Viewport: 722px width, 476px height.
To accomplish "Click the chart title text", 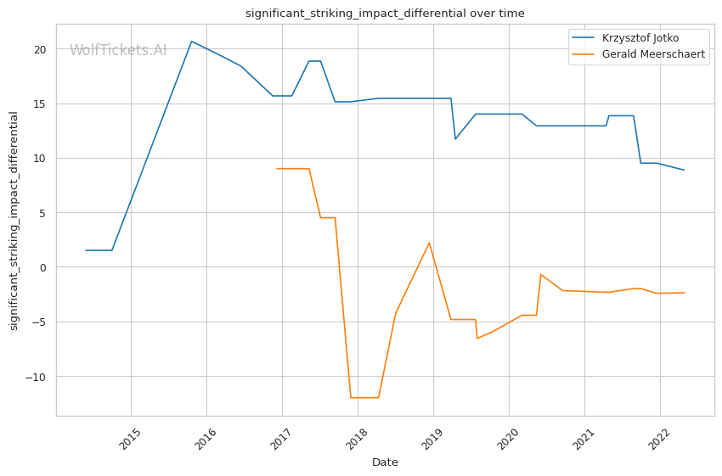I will click(385, 14).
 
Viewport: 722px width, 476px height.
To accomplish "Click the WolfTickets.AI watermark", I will click(118, 51).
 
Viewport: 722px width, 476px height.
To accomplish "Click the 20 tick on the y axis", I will click(40, 49).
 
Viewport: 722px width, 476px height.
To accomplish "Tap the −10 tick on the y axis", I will click(35, 377).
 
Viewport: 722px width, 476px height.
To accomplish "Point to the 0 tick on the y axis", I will click(43, 267).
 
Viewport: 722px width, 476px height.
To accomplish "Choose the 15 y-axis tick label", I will click(40, 104).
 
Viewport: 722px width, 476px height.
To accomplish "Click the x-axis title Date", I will click(385, 462).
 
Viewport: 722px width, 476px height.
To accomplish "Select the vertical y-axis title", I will click(14, 221).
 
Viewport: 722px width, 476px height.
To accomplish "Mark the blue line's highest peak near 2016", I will click(191, 41).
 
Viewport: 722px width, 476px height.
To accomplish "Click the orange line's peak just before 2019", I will click(429, 243).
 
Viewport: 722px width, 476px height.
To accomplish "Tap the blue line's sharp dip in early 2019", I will click(455, 139).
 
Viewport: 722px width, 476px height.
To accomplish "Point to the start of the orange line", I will click(277, 169).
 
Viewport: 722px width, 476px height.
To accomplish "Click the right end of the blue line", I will click(685, 170).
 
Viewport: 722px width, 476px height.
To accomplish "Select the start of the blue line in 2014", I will click(86, 250).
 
